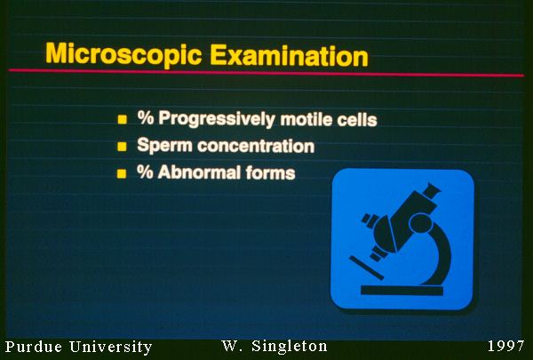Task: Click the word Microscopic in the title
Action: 123,54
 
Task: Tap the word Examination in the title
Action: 289,55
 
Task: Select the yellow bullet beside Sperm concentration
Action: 122,147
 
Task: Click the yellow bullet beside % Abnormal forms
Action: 122,173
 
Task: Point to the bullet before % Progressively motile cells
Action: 123,119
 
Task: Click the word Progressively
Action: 217,119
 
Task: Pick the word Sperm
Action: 165,146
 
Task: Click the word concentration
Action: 256,146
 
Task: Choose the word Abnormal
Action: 200,172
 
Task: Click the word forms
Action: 271,172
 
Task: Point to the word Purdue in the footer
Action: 34,347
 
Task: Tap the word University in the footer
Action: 111,348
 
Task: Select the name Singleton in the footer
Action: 290,347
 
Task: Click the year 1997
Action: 505,346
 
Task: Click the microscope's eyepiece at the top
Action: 432,190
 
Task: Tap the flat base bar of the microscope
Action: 402,291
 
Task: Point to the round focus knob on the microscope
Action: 421,223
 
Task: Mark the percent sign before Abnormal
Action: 145,172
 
